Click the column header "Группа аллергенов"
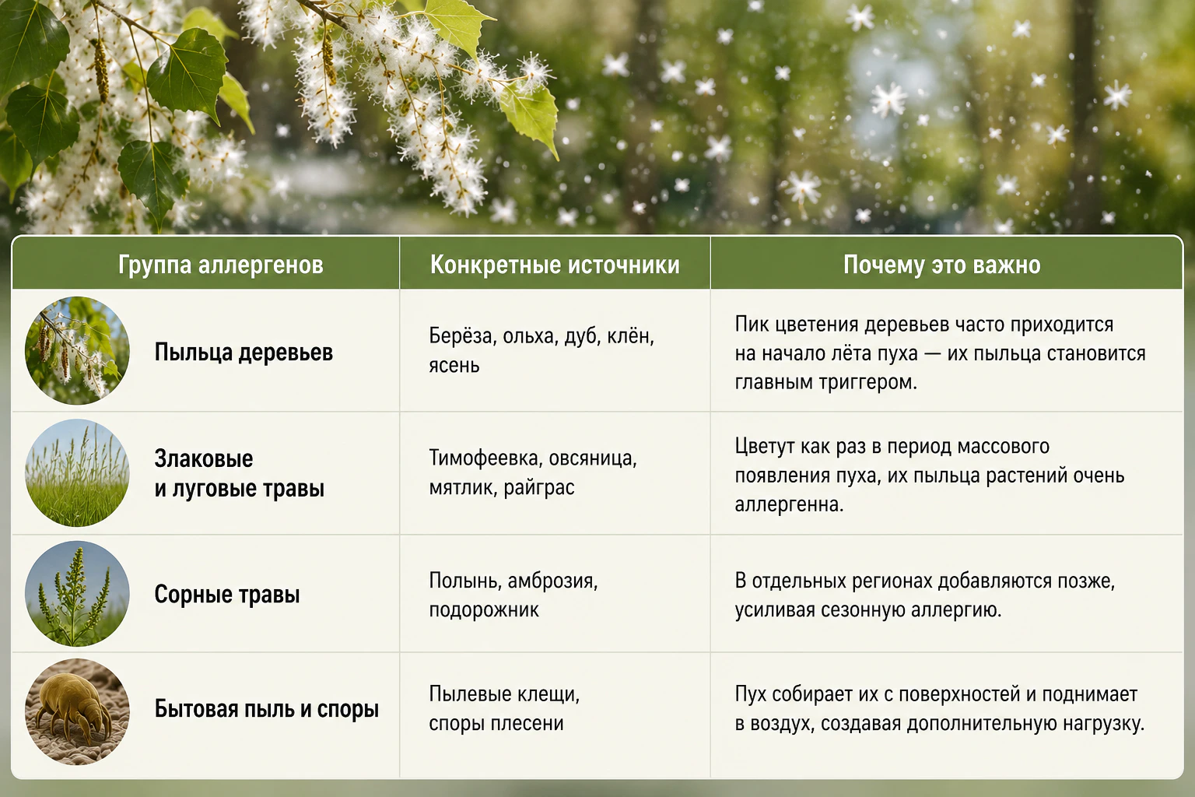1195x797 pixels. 221,265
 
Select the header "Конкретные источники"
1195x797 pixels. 555,265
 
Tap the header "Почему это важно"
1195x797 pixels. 942,265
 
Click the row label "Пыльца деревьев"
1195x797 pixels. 244,353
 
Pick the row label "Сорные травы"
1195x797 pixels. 227,594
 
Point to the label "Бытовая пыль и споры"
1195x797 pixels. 267,709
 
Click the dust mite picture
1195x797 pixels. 77,711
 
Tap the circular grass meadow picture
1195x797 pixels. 77,472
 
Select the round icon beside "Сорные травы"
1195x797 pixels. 77,594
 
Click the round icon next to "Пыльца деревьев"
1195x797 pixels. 77,350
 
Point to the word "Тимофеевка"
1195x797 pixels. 485,458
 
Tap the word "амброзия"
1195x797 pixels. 552,581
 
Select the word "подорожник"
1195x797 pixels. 484,609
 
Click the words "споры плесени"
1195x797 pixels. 496,723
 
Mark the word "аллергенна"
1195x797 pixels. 790,504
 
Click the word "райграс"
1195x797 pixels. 539,487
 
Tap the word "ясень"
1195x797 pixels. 454,366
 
